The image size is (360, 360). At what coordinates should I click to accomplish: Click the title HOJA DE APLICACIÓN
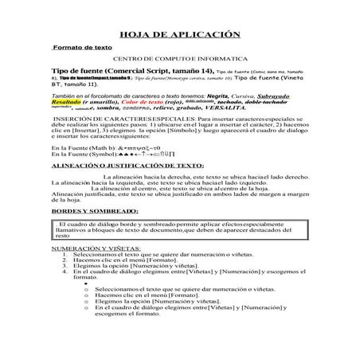(x=179, y=36)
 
